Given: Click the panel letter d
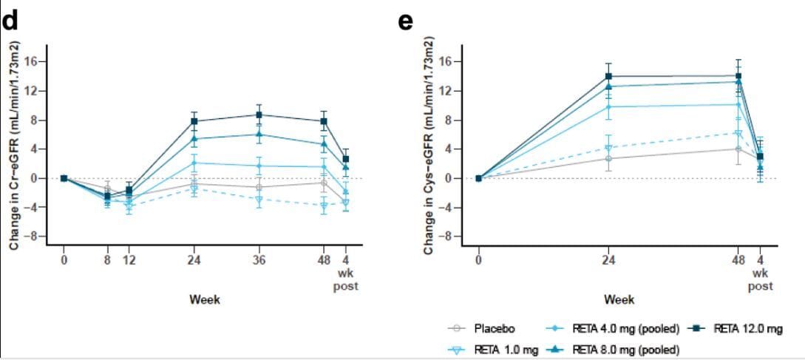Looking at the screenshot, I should tap(10, 22).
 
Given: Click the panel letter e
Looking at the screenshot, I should tap(405, 22).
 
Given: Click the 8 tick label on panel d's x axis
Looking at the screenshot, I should tap(108, 260).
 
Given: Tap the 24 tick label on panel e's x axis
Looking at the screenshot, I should tap(609, 260).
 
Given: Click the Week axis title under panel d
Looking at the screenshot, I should tap(205, 299).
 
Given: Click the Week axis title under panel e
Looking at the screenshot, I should tap(619, 299).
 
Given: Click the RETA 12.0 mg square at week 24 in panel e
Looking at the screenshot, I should tap(609, 76).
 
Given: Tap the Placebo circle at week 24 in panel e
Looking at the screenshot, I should tap(609, 158).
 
